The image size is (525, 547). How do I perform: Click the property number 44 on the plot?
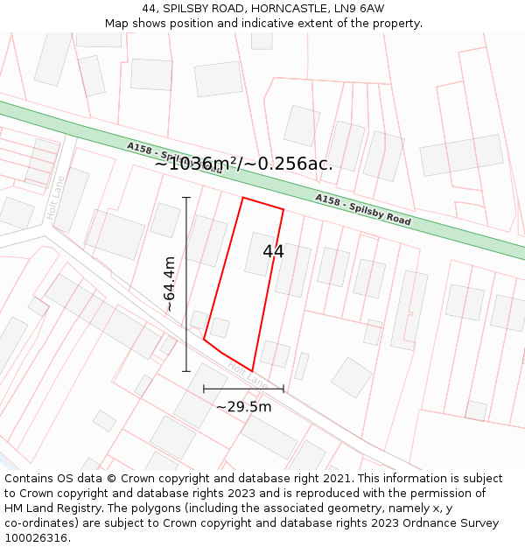pyautogui.click(x=273, y=252)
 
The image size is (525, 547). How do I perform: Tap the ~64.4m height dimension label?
pyautogui.click(x=169, y=284)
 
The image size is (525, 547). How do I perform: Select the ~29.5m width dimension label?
pyautogui.click(x=243, y=407)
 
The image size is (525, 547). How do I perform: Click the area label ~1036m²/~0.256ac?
pyautogui.click(x=243, y=164)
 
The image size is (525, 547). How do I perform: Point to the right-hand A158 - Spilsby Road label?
pyautogui.click(x=363, y=210)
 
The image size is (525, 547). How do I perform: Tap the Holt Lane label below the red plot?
pyautogui.click(x=247, y=374)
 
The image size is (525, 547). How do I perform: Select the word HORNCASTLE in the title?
pyautogui.click(x=268, y=9)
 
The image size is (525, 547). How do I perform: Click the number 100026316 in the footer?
pyautogui.click(x=38, y=537)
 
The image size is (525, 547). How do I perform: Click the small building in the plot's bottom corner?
pyautogui.click(x=220, y=327)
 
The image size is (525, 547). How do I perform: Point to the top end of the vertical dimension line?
pyautogui.click(x=186, y=198)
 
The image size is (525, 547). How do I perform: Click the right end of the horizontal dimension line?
pyautogui.click(x=283, y=389)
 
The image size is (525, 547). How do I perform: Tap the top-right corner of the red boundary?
pyautogui.click(x=283, y=209)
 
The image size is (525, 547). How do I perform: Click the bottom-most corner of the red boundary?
pyautogui.click(x=253, y=371)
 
